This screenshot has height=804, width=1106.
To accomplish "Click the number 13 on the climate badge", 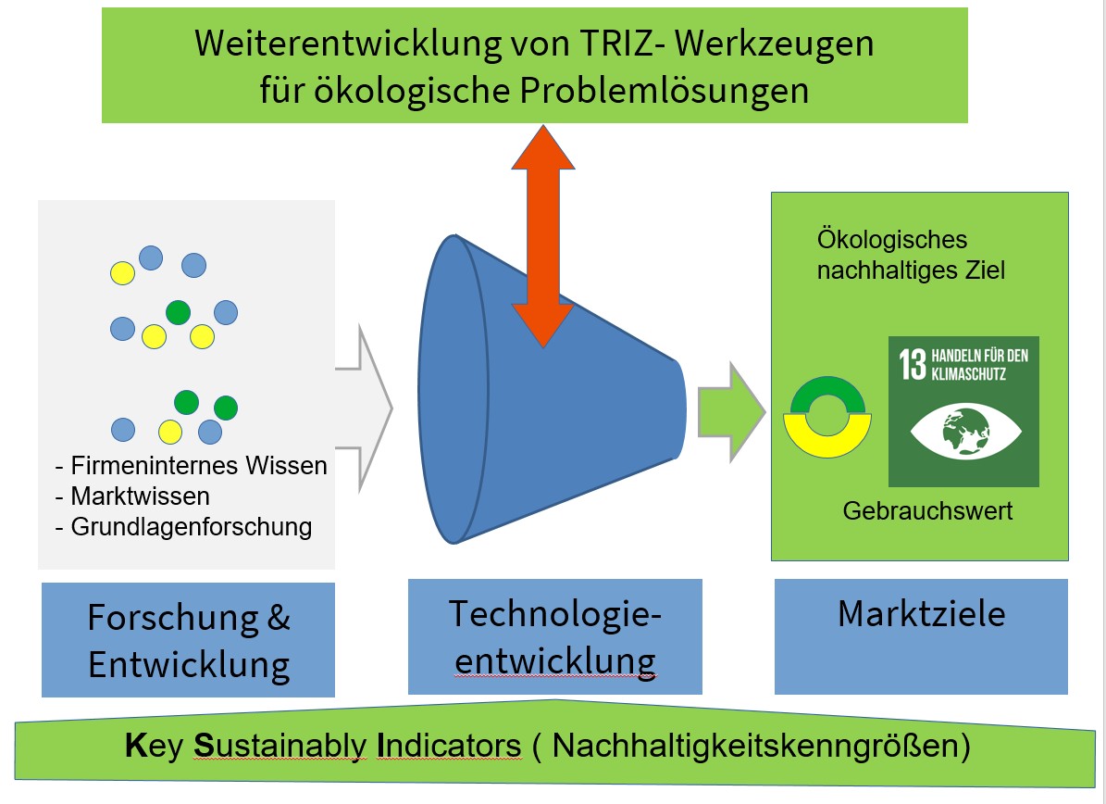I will click(913, 364).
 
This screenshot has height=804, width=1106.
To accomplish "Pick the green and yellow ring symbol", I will click(826, 421).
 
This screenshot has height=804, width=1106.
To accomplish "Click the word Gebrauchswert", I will click(927, 510).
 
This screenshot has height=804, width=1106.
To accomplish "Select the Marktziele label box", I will click(921, 636).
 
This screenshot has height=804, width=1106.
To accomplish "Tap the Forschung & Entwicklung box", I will click(188, 640).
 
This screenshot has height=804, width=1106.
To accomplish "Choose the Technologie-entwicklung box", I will click(554, 636).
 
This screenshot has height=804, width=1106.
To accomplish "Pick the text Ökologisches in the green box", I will click(892, 240).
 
